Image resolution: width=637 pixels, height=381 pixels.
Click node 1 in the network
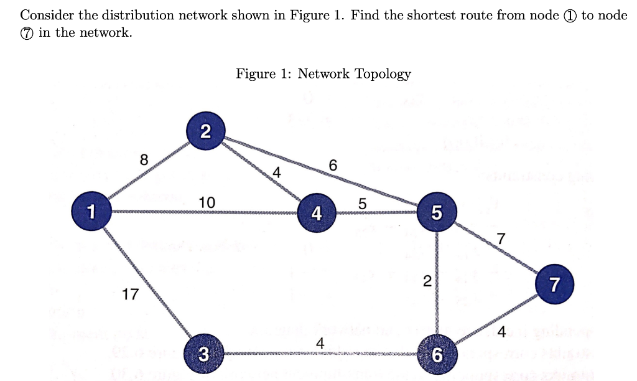coord(91,212)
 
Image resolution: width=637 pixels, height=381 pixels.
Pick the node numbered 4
coord(317,214)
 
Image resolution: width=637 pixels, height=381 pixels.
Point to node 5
coord(437,213)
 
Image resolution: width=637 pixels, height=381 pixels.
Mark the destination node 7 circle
coord(554,285)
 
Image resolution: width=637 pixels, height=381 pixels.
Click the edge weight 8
coord(144,159)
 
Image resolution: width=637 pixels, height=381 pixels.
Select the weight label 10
coord(207,202)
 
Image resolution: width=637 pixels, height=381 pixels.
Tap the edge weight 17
coord(130,294)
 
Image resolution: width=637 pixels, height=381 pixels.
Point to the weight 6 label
coord(333,166)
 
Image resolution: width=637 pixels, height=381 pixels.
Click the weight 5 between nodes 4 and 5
coord(363,203)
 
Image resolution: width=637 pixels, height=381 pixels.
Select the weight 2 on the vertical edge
coord(426,281)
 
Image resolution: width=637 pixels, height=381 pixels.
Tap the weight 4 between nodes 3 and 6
coord(320,344)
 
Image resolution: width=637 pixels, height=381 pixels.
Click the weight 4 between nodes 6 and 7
coord(501,331)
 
